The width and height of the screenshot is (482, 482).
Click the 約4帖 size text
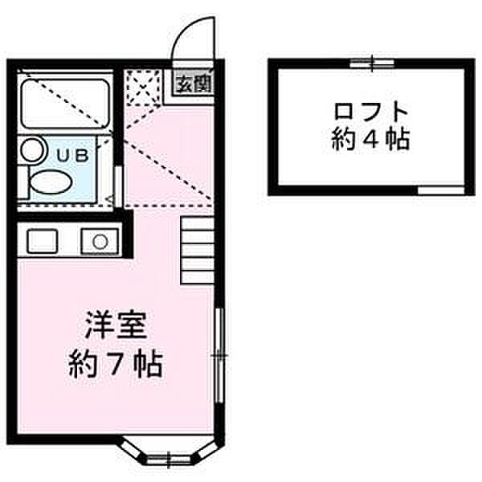370,141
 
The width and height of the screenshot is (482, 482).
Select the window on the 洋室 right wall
219,353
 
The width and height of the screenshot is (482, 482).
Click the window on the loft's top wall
373,62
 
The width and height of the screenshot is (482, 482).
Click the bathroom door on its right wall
118,186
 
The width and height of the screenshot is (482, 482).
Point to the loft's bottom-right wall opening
440,190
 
